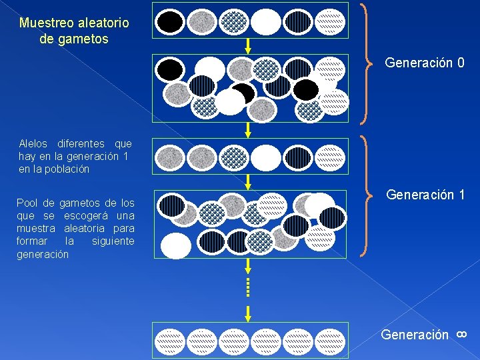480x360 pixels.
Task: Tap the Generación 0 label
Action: tap(424, 63)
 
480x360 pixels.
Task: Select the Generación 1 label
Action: tap(425, 195)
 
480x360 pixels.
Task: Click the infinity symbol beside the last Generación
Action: tap(461, 333)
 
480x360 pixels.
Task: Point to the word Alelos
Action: tap(33, 144)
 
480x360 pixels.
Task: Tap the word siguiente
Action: tap(113, 241)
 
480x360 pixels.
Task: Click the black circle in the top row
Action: tap(171, 22)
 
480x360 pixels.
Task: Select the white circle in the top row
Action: tap(266, 22)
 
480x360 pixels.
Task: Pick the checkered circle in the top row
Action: tap(234, 22)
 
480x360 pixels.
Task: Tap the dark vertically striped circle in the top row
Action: tap(298, 22)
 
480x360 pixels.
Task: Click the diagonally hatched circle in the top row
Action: tap(330, 22)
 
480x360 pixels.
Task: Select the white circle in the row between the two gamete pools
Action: tap(266, 157)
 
